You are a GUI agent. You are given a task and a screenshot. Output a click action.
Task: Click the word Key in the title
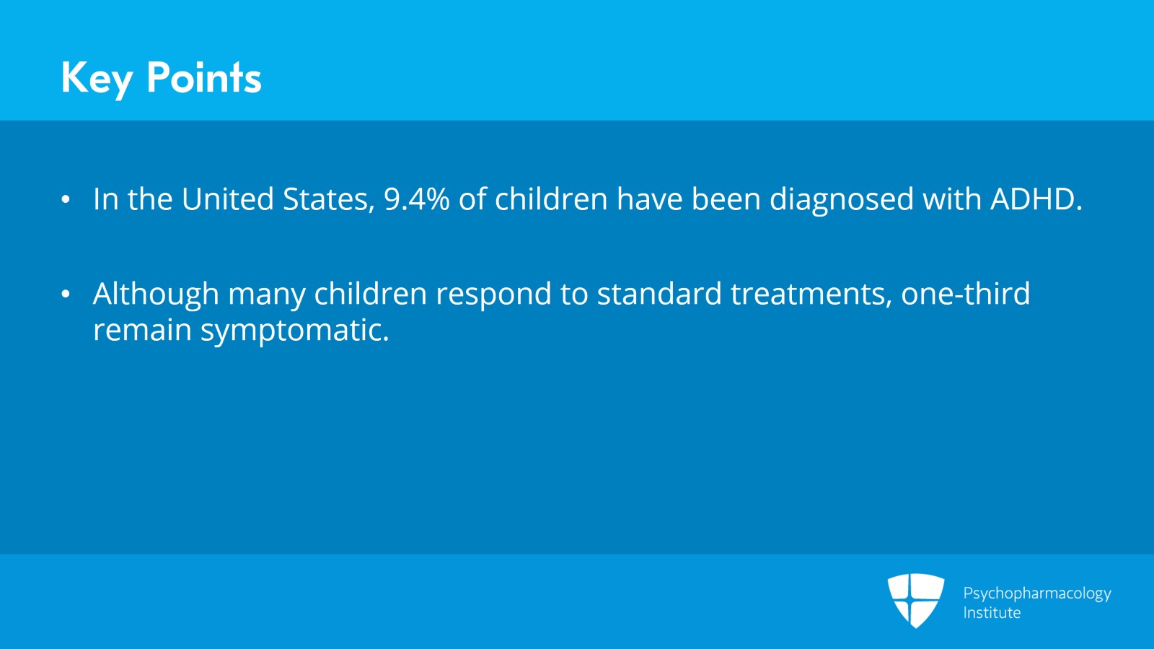tap(97, 78)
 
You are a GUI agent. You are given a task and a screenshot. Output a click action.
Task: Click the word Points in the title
tap(203, 78)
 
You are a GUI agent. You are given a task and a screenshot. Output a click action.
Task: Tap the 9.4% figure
tap(416, 199)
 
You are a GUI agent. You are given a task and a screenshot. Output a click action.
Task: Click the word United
tap(227, 199)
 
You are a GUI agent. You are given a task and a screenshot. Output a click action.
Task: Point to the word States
tap(328, 199)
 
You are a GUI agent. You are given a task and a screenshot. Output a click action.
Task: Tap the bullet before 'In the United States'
tap(66, 200)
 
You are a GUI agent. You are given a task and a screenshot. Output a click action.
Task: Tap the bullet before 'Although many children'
tap(66, 295)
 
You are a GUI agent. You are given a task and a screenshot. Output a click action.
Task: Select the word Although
tap(156, 295)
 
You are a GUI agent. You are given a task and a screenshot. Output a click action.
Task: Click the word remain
tap(141, 331)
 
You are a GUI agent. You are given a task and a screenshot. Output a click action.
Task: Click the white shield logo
tap(915, 600)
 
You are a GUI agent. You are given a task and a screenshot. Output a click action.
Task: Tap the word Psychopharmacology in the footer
tap(1036, 593)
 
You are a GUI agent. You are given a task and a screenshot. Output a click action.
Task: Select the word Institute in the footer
tap(992, 613)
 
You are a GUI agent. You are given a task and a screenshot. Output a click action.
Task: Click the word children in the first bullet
tap(551, 199)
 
